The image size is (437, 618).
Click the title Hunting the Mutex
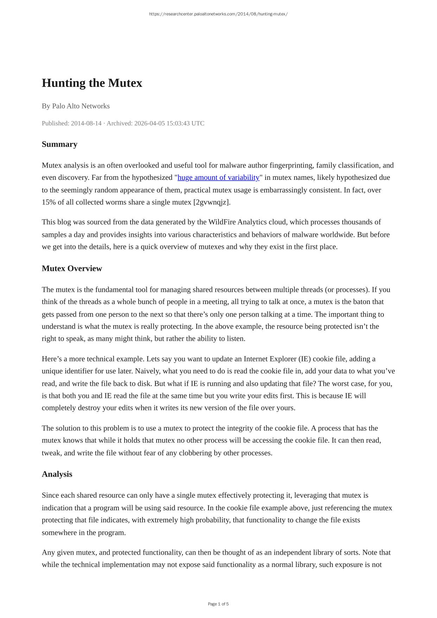pos(92,83)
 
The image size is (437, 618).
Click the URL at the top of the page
pos(218,14)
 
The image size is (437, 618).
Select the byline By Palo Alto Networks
pos(76,106)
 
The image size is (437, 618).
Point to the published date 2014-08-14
pos(86,123)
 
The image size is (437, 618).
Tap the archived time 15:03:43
pos(177,123)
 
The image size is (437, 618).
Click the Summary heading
pos(59,144)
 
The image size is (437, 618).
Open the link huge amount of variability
pos(218,177)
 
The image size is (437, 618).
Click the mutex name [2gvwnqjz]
pos(212,202)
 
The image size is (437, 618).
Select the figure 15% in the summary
pos(48,202)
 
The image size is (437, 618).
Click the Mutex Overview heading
pos(72,269)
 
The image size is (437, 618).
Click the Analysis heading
pos(57,474)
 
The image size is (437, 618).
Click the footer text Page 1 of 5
pos(218,604)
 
